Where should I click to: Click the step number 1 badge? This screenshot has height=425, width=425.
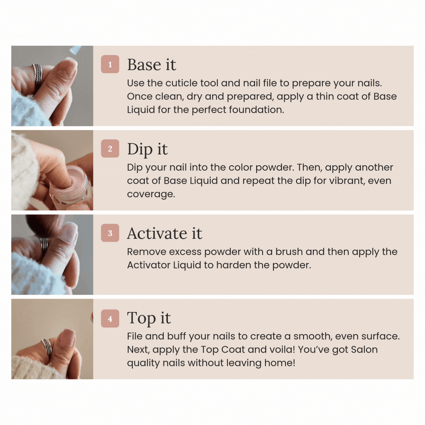[x=110, y=64]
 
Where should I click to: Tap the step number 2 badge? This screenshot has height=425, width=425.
[x=110, y=148]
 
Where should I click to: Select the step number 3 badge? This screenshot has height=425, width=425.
[x=110, y=233]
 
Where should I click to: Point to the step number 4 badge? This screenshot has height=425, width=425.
[x=110, y=319]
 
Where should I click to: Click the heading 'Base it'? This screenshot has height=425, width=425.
[x=151, y=65]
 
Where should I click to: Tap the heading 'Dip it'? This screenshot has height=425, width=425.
[x=147, y=150]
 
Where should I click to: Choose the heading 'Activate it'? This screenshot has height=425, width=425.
[x=164, y=233]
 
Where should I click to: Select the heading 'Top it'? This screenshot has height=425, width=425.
[x=149, y=318]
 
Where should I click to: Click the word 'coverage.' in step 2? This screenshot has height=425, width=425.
[x=151, y=194]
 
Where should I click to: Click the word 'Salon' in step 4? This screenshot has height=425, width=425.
[x=364, y=350]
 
